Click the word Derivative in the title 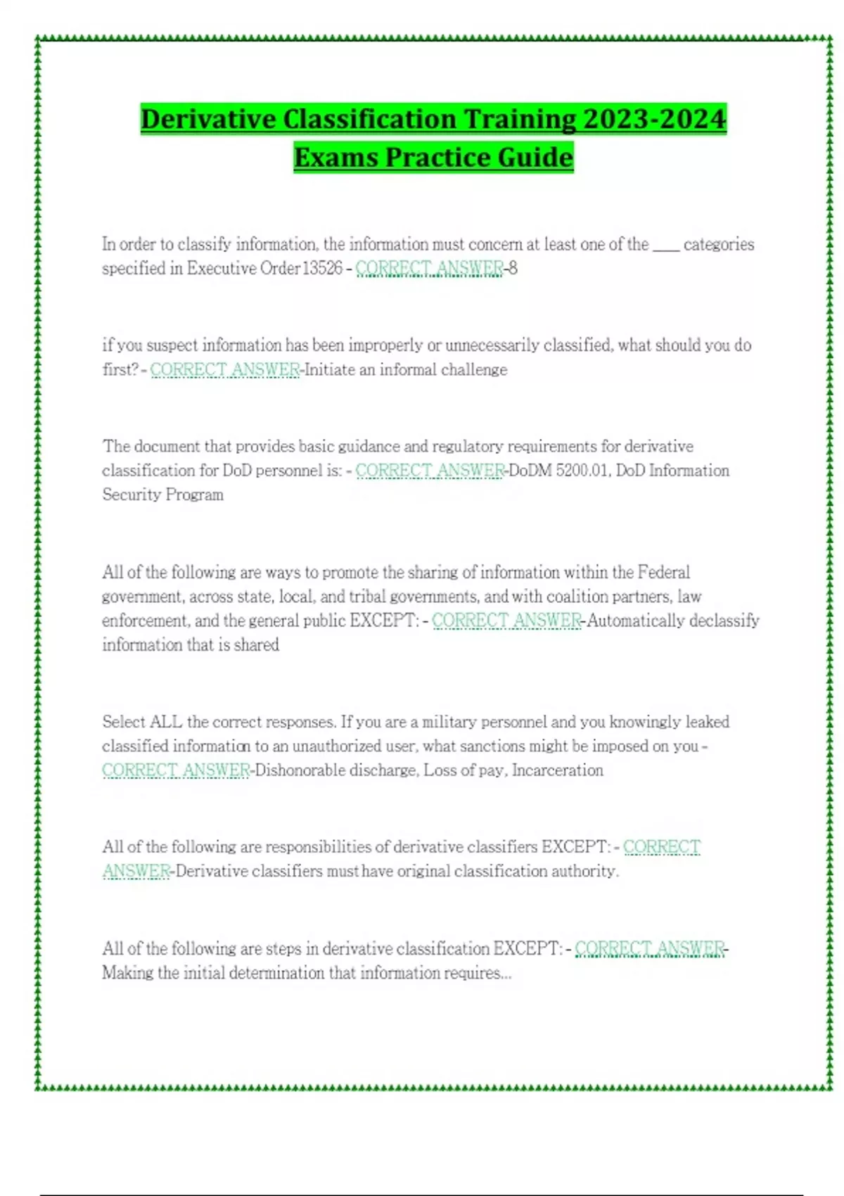[x=209, y=119]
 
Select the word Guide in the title [x=535, y=157]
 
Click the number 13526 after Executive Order [x=322, y=268]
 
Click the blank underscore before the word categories [x=665, y=245]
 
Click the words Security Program [x=162, y=495]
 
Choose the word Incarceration [x=557, y=770]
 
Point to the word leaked [x=708, y=722]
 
